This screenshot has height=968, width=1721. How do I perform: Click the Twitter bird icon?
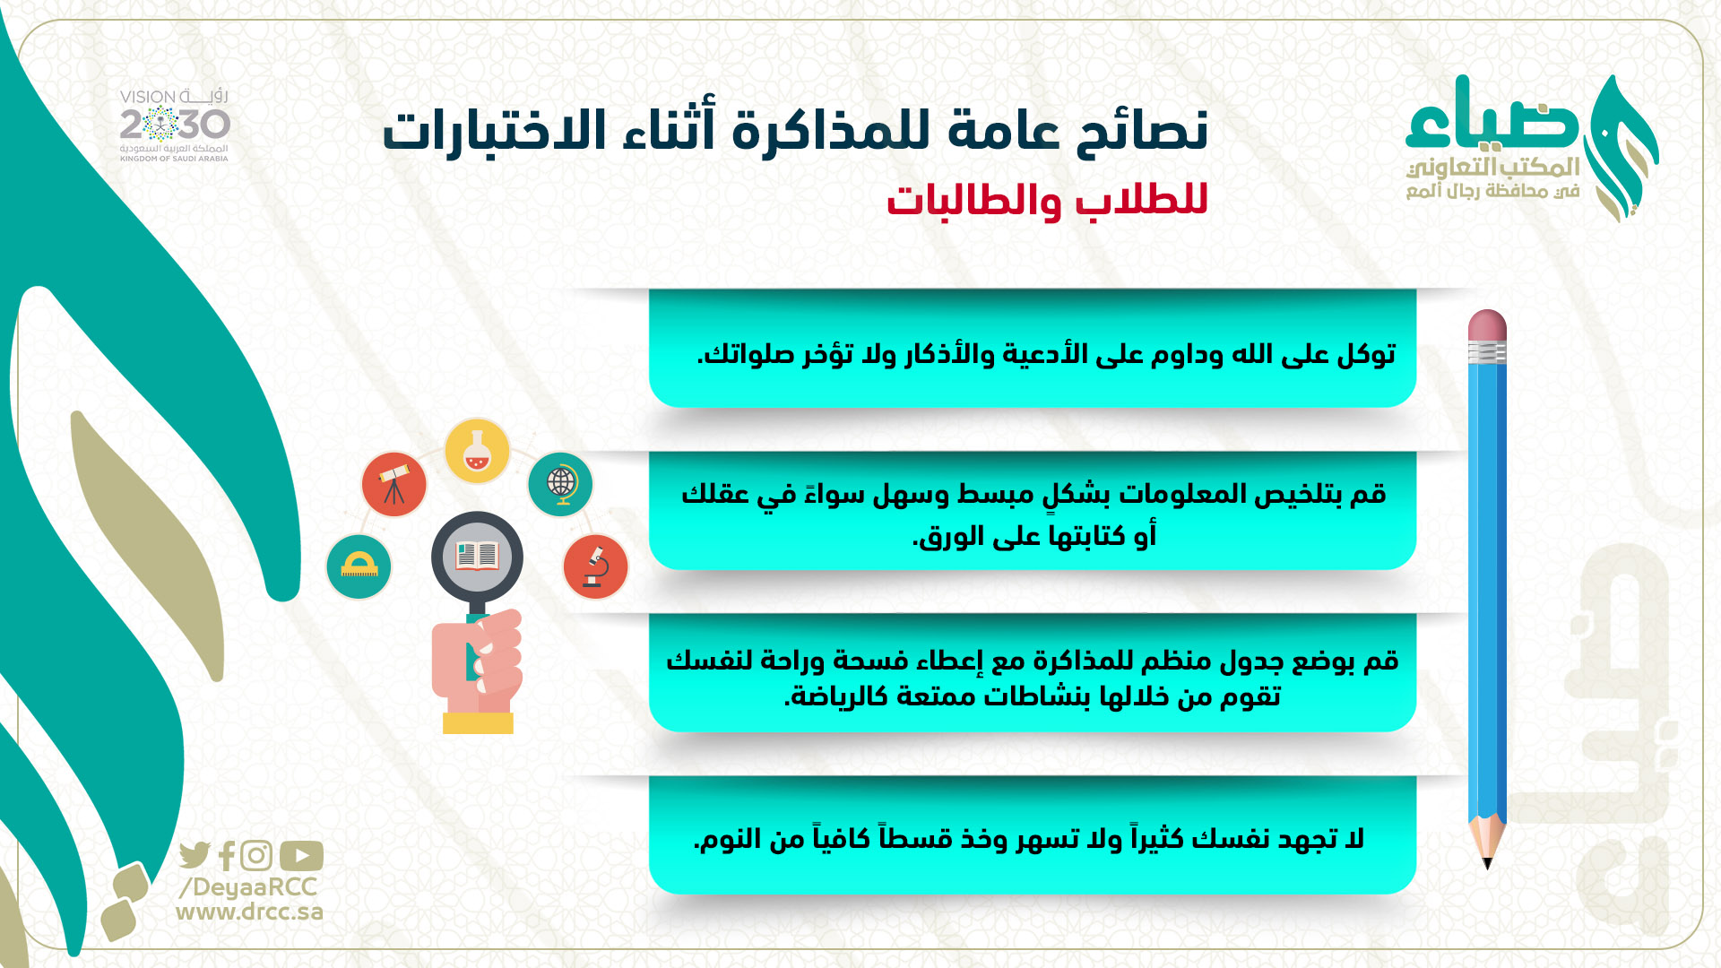[195, 856]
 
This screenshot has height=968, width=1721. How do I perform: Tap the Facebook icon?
[227, 856]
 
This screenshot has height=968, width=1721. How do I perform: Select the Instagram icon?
[256, 856]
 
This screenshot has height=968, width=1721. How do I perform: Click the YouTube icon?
[301, 856]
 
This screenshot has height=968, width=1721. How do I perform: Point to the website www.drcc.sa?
[249, 912]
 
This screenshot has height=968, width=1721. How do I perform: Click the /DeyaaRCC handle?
[248, 887]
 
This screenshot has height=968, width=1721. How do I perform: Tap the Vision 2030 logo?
[175, 125]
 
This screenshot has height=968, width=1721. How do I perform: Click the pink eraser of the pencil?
[1487, 325]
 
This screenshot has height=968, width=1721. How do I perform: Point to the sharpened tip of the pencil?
[1487, 866]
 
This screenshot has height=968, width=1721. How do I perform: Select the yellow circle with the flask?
[477, 451]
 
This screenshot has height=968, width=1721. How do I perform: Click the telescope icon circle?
[393, 484]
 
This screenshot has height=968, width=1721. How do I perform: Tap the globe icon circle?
[560, 484]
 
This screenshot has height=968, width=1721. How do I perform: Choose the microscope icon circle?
[595, 566]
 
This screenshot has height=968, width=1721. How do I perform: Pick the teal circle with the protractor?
[359, 566]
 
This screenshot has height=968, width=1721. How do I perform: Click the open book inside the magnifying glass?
[477, 557]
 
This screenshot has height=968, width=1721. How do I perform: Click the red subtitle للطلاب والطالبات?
[1047, 200]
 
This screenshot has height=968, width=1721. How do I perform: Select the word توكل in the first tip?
[1366, 355]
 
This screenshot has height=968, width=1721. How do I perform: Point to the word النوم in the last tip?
[730, 839]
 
